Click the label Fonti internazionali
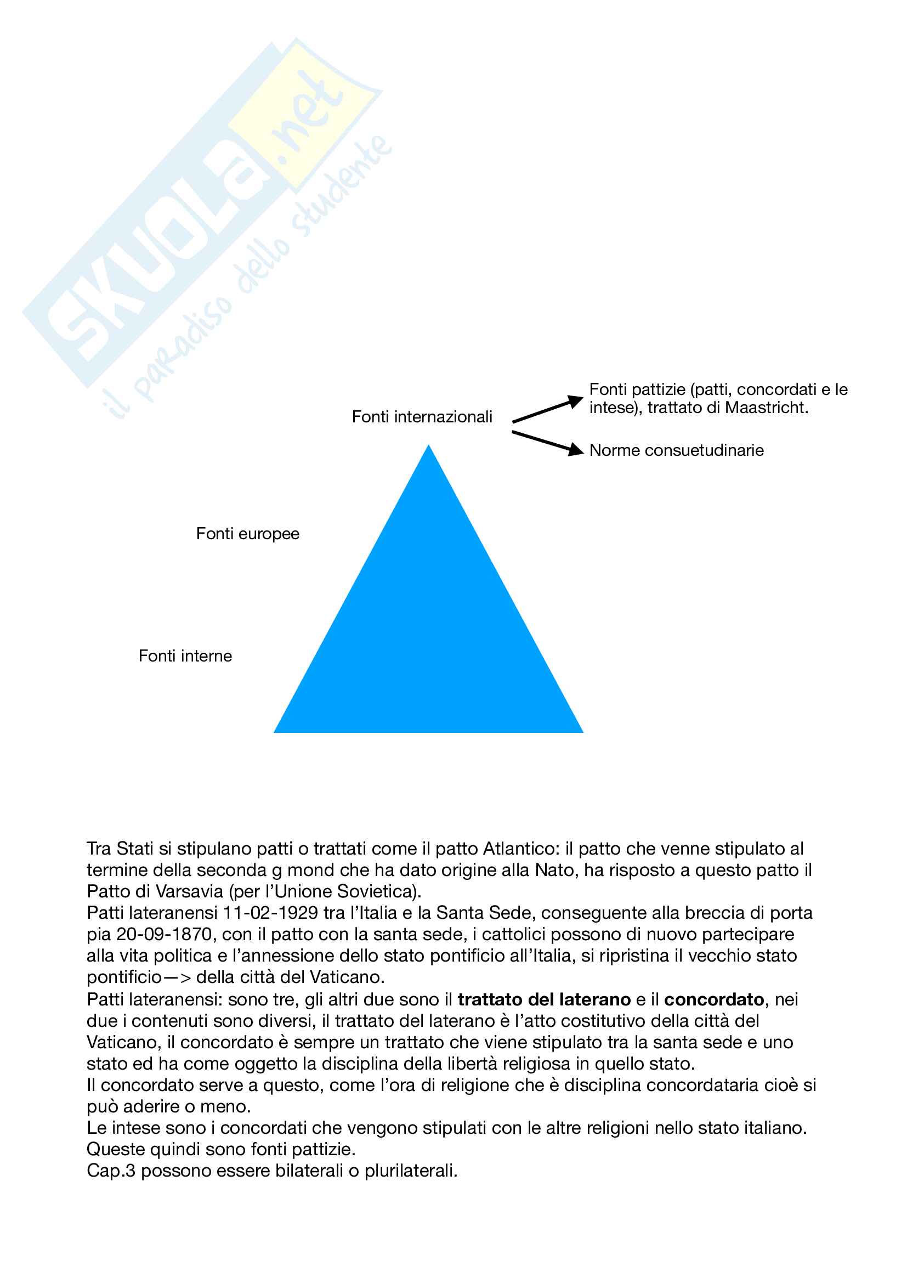point(422,417)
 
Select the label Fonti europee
point(247,534)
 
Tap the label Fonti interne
point(185,656)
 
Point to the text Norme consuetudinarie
point(676,450)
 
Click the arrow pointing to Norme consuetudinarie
point(547,442)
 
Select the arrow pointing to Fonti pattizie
point(547,410)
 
